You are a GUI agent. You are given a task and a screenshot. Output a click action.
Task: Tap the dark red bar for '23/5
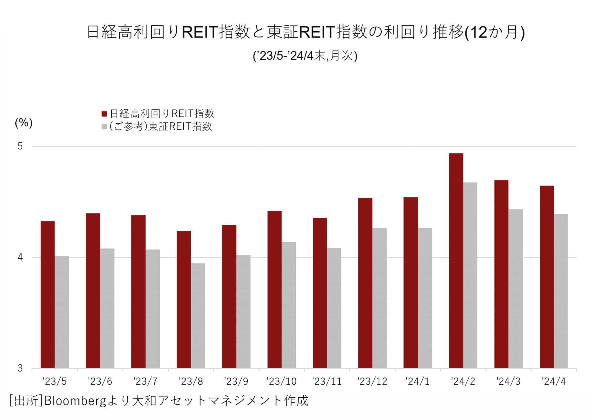pyautogui.click(x=48, y=295)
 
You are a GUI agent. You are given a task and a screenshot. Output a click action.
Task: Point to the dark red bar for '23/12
pyautogui.click(x=365, y=283)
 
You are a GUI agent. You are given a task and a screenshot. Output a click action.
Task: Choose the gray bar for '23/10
pyautogui.click(x=289, y=305)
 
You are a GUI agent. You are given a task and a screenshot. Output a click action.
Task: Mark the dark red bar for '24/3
pyautogui.click(x=501, y=274)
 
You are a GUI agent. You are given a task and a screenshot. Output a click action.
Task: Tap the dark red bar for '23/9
pyautogui.click(x=229, y=296)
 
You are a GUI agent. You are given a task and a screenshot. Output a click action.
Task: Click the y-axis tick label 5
pyautogui.click(x=20, y=146)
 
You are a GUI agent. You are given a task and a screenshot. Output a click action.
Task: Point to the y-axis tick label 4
pyautogui.click(x=20, y=257)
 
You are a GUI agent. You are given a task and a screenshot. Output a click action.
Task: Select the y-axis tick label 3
pyautogui.click(x=20, y=368)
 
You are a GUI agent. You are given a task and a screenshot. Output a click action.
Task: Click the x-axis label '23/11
pyautogui.click(x=327, y=381)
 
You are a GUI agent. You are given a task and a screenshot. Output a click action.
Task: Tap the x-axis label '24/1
pyautogui.click(x=418, y=381)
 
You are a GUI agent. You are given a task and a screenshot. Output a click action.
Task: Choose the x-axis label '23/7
pyautogui.click(x=145, y=381)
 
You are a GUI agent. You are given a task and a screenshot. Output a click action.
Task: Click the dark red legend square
pyautogui.click(x=104, y=114)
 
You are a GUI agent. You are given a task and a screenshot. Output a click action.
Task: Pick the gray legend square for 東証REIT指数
pyautogui.click(x=104, y=127)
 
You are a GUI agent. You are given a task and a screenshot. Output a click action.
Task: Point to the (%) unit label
pyautogui.click(x=24, y=123)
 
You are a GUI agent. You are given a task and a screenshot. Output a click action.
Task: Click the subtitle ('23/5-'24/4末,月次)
pyautogui.click(x=305, y=55)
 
